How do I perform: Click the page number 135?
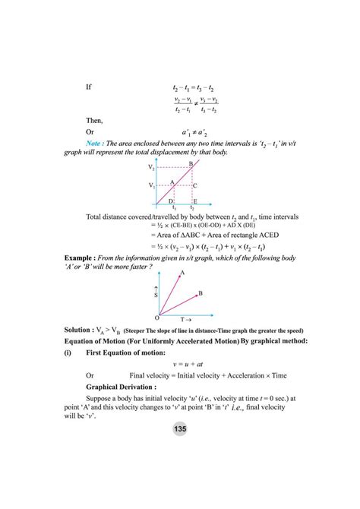click(x=180, y=429)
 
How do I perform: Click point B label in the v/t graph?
click(x=191, y=163)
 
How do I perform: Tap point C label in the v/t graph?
click(x=195, y=185)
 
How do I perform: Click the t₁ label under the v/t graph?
click(x=175, y=207)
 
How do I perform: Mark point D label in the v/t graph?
click(x=171, y=201)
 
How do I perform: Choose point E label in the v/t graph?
click(x=195, y=201)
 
